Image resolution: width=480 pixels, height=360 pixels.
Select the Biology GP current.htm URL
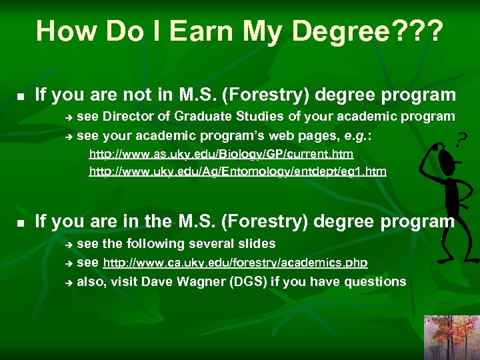tap(221, 154)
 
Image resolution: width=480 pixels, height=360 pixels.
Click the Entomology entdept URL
tap(237, 172)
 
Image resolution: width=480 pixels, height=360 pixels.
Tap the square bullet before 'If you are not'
tap(21, 97)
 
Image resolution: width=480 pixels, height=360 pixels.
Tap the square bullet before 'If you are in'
tap(21, 222)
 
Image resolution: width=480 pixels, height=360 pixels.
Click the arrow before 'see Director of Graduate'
tap(67, 117)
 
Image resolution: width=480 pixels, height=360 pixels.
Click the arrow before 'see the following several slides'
tap(67, 245)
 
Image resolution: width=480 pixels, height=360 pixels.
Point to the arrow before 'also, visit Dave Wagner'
tap(67, 283)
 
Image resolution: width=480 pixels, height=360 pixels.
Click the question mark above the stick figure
tap(460, 141)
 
